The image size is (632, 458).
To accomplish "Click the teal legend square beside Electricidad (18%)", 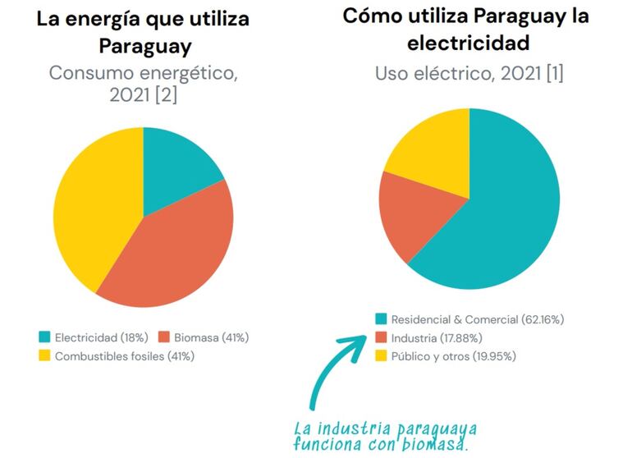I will tap(44, 337).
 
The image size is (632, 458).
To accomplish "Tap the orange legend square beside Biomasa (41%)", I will tap(164, 337).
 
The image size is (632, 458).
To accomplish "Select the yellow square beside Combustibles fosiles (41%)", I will tap(44, 356).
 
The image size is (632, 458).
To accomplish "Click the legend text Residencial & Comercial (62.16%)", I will tap(477, 319).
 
